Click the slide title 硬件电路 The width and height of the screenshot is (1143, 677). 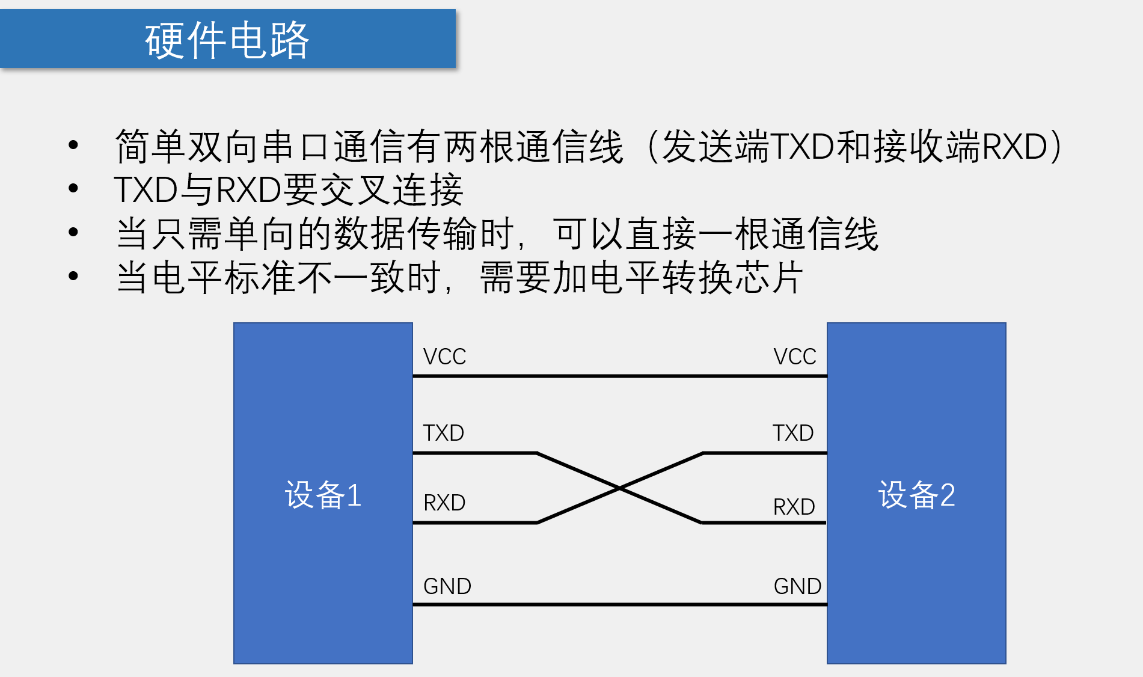pyautogui.click(x=227, y=40)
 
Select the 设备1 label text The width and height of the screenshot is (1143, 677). pyautogui.click(x=323, y=495)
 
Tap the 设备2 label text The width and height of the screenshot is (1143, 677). pyautogui.click(x=916, y=495)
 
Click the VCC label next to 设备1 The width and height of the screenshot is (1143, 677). pyautogui.click(x=444, y=357)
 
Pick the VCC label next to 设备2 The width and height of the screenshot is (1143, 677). pyautogui.click(x=794, y=357)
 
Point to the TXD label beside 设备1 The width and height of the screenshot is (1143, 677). pyautogui.click(x=443, y=433)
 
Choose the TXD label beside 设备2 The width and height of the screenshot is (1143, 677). pyautogui.click(x=793, y=433)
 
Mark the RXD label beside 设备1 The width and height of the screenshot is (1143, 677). pyautogui.click(x=444, y=503)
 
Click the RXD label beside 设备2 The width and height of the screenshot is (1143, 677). pyautogui.click(x=794, y=507)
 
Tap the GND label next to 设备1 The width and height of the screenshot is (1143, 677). pyautogui.click(x=447, y=586)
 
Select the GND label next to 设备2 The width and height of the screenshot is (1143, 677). pyautogui.click(x=797, y=586)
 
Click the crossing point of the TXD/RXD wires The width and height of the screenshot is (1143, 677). pyautogui.click(x=619, y=488)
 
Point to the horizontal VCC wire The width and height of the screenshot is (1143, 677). pyautogui.click(x=619, y=376)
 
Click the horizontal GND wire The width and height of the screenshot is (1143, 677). pyautogui.click(x=619, y=604)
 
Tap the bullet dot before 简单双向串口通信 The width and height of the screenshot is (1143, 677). pyautogui.click(x=73, y=145)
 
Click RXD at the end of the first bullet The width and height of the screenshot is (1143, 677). pyautogui.click(x=1014, y=146)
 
